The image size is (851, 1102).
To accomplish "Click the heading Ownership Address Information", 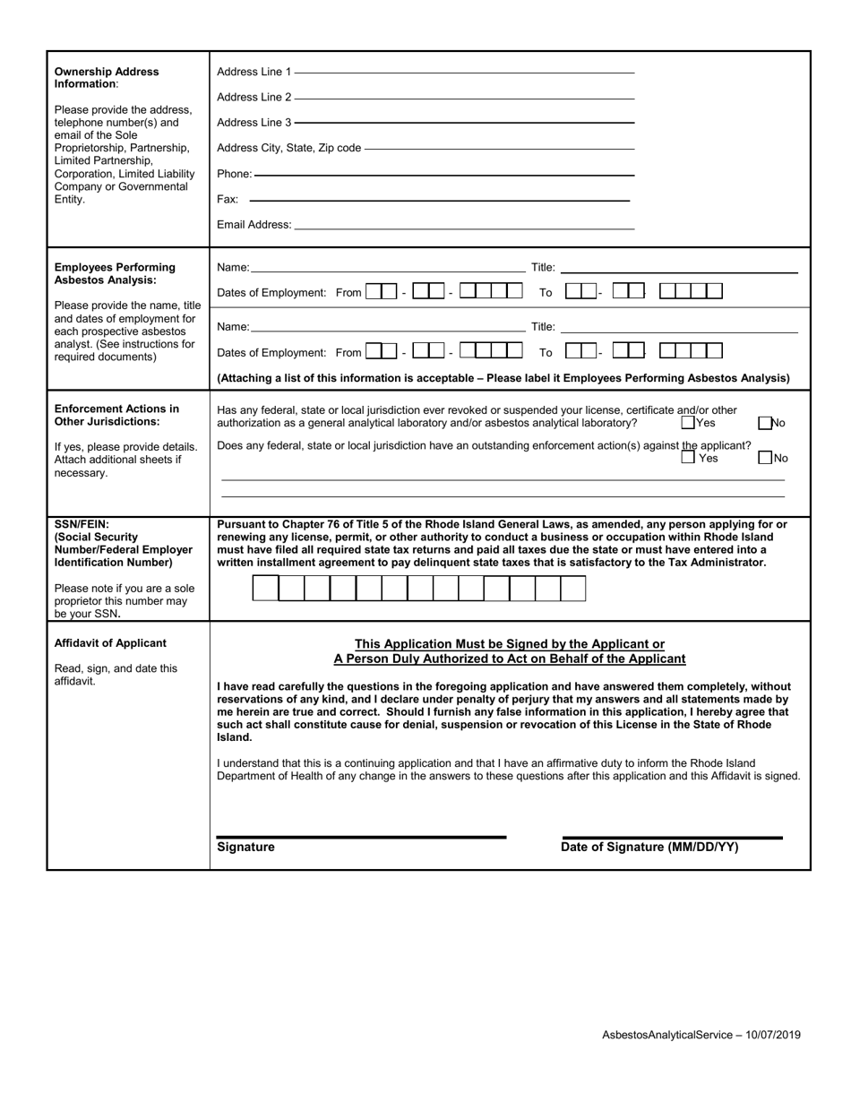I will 107,77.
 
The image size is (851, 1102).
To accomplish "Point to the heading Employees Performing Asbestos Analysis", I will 115,273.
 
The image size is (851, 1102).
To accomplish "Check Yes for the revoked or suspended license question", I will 687,423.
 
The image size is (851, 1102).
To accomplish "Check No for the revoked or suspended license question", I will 764,423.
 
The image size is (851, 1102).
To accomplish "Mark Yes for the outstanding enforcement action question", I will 687,458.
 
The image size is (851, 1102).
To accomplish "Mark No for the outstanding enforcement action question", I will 764,458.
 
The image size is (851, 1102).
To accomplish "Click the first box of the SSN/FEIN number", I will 266,588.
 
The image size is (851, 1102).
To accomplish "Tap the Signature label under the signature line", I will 245,847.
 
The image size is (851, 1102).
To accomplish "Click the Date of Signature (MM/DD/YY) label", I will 649,847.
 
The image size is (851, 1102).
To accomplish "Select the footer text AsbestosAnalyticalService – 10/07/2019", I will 701,1035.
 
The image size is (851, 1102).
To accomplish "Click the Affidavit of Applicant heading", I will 110,642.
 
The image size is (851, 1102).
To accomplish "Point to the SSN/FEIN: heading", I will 82,524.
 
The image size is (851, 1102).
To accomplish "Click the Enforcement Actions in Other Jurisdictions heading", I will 116,415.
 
